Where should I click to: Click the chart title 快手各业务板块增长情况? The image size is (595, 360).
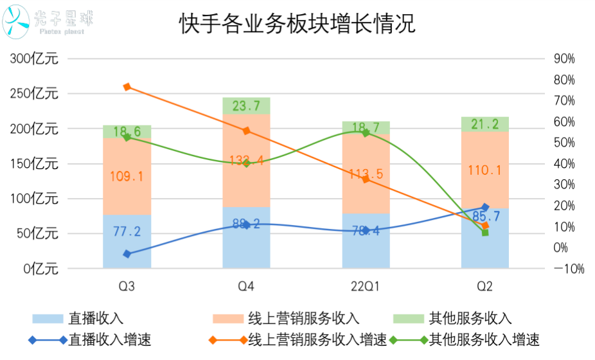[x=297, y=25]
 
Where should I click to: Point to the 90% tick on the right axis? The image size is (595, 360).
[x=564, y=59]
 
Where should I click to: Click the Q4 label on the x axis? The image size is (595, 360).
[x=246, y=285]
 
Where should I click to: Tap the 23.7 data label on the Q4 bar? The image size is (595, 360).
[x=246, y=106]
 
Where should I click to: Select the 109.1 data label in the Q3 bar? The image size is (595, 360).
[x=127, y=175]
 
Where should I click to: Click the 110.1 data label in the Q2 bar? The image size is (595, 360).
[x=485, y=170]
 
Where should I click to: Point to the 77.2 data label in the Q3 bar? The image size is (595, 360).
[x=127, y=231]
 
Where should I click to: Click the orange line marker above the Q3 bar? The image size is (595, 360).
[x=127, y=87]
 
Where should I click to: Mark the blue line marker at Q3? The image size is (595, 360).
[x=127, y=254]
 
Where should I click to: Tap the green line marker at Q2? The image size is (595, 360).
[x=485, y=232]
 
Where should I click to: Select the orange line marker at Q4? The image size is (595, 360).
[x=246, y=131]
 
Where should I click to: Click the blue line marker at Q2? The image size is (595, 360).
[x=485, y=207]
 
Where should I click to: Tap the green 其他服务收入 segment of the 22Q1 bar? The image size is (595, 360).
[x=366, y=129]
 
